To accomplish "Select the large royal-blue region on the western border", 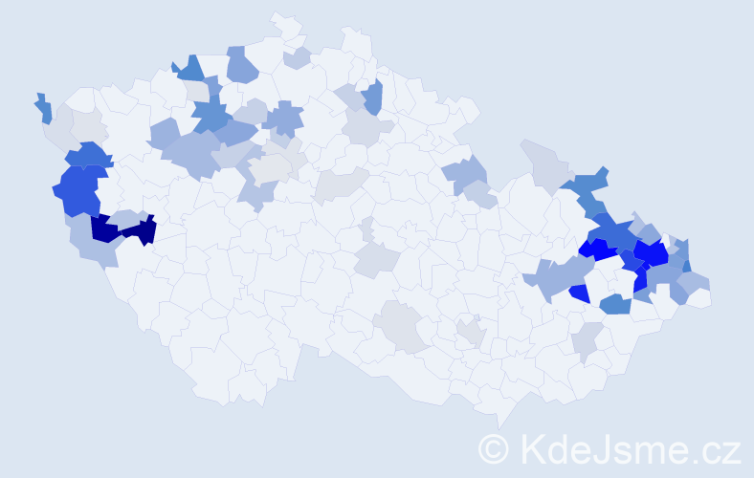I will tap(78, 190).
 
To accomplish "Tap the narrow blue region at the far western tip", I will tap(44, 109).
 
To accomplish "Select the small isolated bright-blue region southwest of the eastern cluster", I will tap(579, 293).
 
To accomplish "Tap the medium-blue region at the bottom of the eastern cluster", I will tap(614, 305).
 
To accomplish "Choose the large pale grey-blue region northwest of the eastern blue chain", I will tap(545, 163).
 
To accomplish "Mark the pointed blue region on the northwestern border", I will tap(190, 69).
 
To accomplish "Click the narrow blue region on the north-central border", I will tap(373, 96).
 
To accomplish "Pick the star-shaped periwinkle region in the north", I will tap(283, 119).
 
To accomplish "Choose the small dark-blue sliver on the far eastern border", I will tap(686, 267).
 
